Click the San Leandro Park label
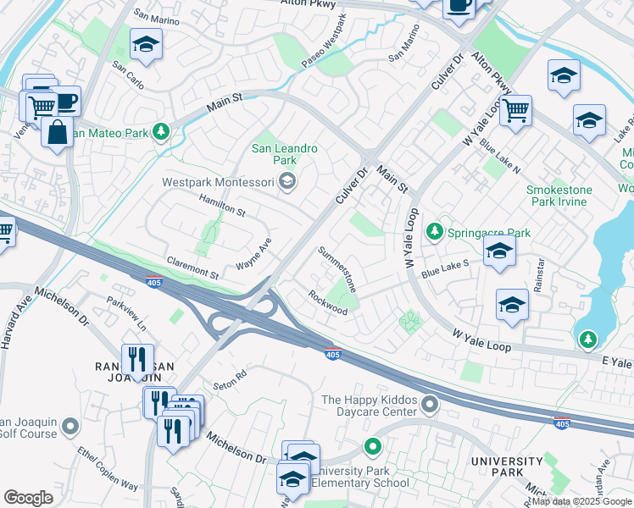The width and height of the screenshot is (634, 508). pyautogui.click(x=285, y=154)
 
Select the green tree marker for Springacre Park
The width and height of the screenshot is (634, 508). pyautogui.click(x=435, y=231)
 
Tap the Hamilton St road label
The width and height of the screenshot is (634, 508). pyautogui.click(x=221, y=204)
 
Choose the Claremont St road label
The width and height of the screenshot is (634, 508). pyautogui.click(x=192, y=268)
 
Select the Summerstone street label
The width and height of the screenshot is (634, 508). pyautogui.click(x=337, y=268)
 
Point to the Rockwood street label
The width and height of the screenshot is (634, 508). pyautogui.click(x=328, y=303)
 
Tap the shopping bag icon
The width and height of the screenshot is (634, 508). pyautogui.click(x=57, y=133)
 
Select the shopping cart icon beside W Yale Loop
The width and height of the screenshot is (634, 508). pyautogui.click(x=515, y=110)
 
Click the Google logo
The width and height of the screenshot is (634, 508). pyautogui.click(x=28, y=498)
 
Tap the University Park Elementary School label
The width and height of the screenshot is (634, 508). pyautogui.click(x=348, y=477)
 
